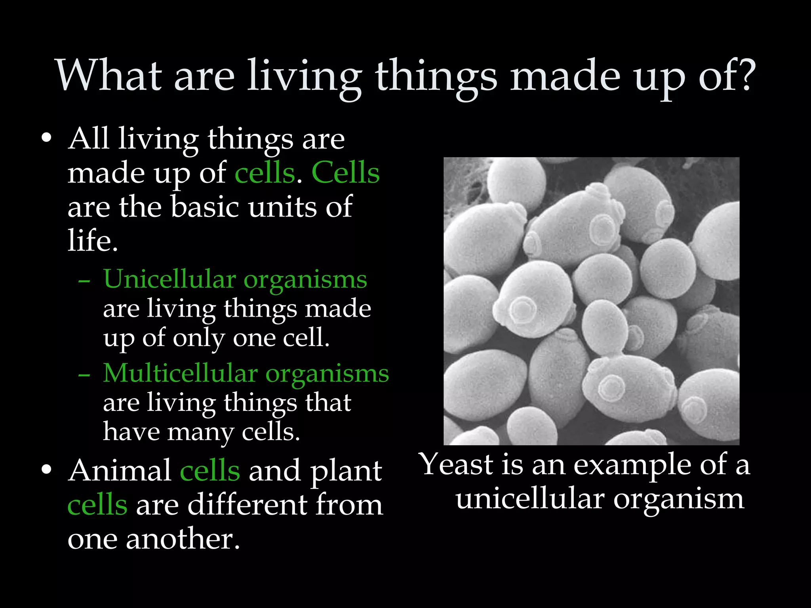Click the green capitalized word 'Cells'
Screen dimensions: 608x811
click(x=345, y=173)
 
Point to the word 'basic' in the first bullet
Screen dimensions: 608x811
click(x=205, y=207)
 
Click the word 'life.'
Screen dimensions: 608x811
click(x=93, y=240)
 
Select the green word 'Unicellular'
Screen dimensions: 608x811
click(x=169, y=279)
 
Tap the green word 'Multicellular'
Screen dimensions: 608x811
click(x=180, y=373)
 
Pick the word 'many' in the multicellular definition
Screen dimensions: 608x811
click(x=200, y=432)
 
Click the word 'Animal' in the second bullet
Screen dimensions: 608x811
click(x=120, y=471)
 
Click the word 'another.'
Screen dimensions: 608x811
click(x=183, y=539)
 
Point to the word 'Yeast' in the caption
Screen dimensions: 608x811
click(x=456, y=464)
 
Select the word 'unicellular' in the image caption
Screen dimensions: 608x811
click(x=530, y=499)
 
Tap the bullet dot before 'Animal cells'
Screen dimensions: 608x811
click(x=46, y=470)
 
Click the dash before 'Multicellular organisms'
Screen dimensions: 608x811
click(x=84, y=374)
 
